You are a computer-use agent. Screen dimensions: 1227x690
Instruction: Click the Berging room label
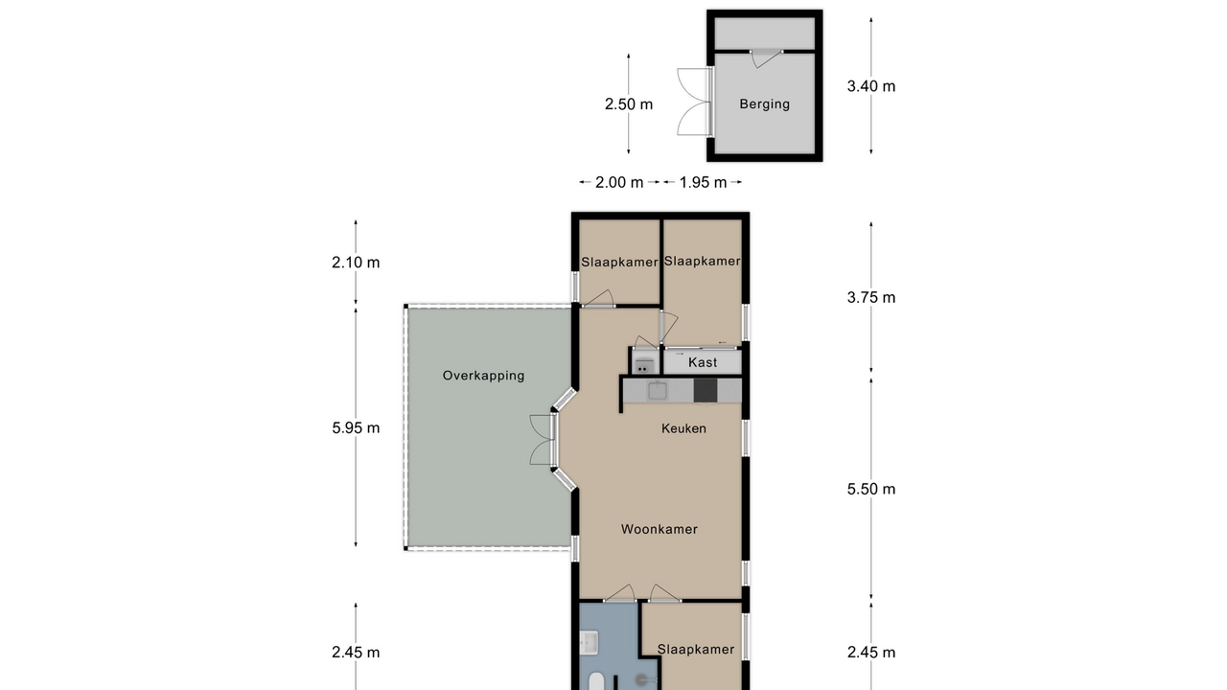[x=764, y=104]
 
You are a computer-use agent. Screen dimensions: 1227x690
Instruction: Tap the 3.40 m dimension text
[x=871, y=86]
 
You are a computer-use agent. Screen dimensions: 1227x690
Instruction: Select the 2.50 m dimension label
[x=628, y=104]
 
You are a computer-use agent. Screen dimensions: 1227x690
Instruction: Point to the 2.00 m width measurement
[x=619, y=182]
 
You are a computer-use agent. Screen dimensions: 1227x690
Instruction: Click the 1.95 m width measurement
[x=703, y=182]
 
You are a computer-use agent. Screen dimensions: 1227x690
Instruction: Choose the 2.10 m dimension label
[x=356, y=263]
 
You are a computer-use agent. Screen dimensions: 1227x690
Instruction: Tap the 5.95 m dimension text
[x=356, y=427]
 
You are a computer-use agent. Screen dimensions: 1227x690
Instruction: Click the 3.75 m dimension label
[x=871, y=297]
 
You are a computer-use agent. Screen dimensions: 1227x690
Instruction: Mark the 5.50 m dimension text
[x=871, y=489]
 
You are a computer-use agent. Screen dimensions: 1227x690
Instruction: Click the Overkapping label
[x=484, y=376]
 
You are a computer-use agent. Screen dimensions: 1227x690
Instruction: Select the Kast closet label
[x=703, y=362]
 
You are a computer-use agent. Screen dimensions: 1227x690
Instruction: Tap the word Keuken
[x=683, y=428]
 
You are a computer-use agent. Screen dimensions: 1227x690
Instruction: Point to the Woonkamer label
[x=659, y=529]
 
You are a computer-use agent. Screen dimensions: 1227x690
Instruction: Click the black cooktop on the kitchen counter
[x=706, y=390]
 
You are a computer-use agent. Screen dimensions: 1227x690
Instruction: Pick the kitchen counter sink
[x=658, y=391]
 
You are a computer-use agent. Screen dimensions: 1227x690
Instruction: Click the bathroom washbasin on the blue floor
[x=589, y=643]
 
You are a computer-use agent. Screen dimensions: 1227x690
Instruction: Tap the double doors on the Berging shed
[x=694, y=102]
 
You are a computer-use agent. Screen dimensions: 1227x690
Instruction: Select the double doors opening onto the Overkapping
[x=544, y=440]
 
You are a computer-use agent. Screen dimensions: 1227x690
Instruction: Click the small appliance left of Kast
[x=644, y=364]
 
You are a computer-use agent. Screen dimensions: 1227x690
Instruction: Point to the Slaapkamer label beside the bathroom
[x=696, y=650]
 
